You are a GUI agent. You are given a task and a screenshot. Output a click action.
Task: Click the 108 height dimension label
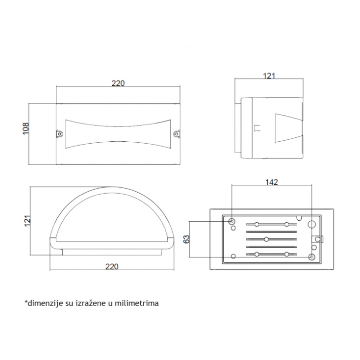click(26, 129)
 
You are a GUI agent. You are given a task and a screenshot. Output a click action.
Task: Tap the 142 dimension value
click(272, 182)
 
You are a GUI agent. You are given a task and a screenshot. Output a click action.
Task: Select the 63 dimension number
click(186, 239)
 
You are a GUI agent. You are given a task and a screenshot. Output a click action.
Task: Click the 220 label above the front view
click(118, 83)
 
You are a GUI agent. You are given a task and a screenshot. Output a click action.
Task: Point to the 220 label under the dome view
click(112, 266)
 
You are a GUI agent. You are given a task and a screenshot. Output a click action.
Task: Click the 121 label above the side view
click(269, 76)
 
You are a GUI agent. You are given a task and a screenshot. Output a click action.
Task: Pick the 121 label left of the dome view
click(27, 221)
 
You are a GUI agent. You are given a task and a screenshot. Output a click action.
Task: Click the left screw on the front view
click(59, 133)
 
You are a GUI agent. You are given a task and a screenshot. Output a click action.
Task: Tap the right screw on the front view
click(177, 133)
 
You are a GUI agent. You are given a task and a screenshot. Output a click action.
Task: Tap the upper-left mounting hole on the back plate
click(231, 222)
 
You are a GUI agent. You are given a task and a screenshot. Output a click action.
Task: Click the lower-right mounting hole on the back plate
click(311, 257)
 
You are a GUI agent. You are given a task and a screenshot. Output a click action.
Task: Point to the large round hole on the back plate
click(311, 224)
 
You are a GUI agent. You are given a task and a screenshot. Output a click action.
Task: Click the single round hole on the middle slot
click(266, 239)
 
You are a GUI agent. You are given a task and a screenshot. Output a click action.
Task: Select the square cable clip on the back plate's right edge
click(317, 239)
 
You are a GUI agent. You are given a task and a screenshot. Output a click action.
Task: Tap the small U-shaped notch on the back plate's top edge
click(299, 217)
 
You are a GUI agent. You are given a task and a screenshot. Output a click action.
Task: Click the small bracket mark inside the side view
click(257, 128)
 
